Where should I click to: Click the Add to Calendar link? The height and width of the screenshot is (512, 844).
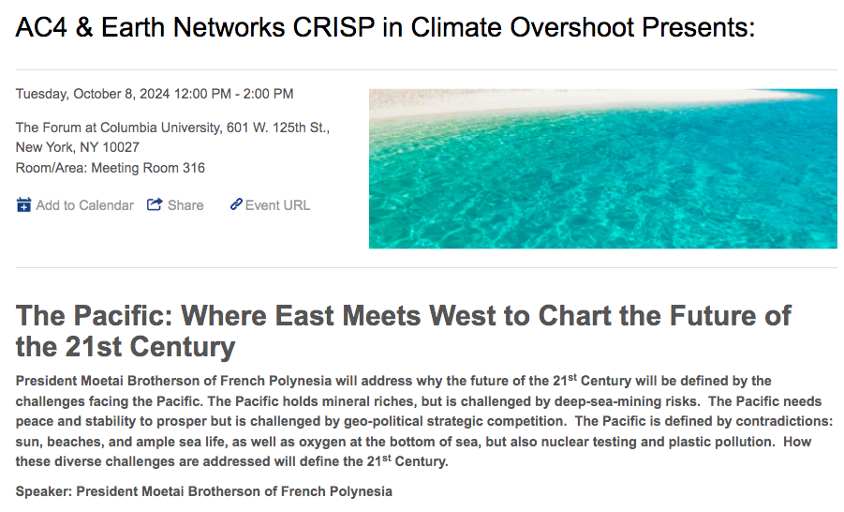coord(84,205)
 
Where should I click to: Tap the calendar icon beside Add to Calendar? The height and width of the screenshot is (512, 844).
coord(23,204)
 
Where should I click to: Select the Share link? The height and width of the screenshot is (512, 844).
coord(185,205)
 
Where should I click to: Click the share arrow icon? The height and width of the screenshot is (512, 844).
coord(155,204)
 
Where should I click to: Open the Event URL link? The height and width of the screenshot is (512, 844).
coord(277,205)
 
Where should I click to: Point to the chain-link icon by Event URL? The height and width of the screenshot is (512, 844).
coord(236,203)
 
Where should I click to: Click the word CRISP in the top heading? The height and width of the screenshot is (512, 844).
coord(333,27)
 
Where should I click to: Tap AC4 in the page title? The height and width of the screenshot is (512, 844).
coord(41,27)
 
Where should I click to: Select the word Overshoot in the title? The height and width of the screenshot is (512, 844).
coord(571,27)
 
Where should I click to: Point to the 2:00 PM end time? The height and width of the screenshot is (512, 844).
coord(268,94)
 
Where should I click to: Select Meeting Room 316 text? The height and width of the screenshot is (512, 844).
coord(148,168)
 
